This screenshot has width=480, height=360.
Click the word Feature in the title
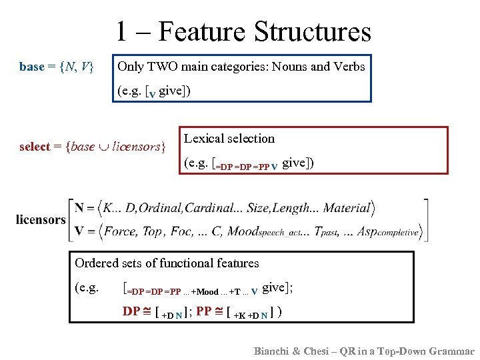[202, 32]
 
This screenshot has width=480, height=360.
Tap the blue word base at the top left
[31, 67]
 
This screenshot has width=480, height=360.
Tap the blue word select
[35, 147]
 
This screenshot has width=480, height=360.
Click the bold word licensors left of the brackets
[41, 219]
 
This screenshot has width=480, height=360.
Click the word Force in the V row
[119, 231]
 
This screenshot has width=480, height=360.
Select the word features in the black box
[234, 263]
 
